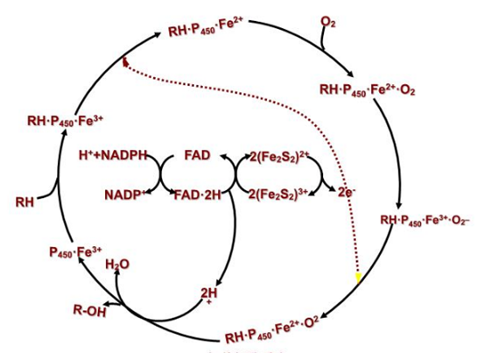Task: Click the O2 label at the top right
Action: (328, 23)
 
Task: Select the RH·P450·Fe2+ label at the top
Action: (207, 29)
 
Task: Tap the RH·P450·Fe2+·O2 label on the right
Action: (368, 89)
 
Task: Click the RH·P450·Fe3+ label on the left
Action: (66, 121)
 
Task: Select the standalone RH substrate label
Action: (25, 202)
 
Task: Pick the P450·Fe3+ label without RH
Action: (75, 252)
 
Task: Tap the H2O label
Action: (117, 265)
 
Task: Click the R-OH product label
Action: (90, 311)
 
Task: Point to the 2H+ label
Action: (209, 295)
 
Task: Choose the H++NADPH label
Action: (113, 155)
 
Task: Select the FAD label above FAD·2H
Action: (198, 155)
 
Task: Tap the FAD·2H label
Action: (197, 195)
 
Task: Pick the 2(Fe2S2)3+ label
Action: (278, 194)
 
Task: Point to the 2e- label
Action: (347, 192)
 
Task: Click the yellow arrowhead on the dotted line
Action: (358, 278)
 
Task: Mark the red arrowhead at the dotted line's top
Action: (124, 61)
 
